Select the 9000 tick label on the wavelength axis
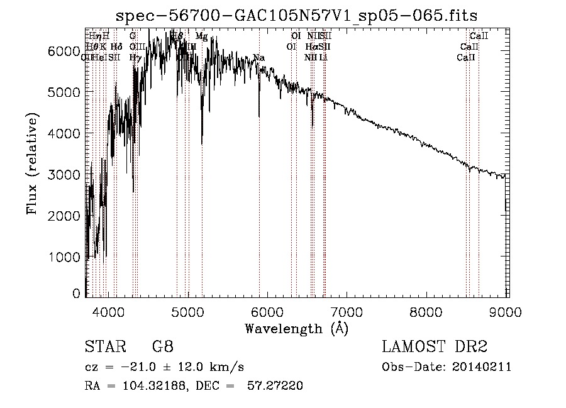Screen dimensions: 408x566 507,311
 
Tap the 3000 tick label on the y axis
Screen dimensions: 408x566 64,175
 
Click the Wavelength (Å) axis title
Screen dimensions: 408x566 296,328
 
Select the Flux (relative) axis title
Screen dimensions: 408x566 31,163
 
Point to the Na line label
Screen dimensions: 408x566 258,58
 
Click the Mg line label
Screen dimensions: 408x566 201,37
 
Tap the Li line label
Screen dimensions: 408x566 323,58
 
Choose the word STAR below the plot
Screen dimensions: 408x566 101,347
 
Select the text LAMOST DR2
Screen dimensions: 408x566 434,347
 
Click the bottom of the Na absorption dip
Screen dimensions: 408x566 259,116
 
